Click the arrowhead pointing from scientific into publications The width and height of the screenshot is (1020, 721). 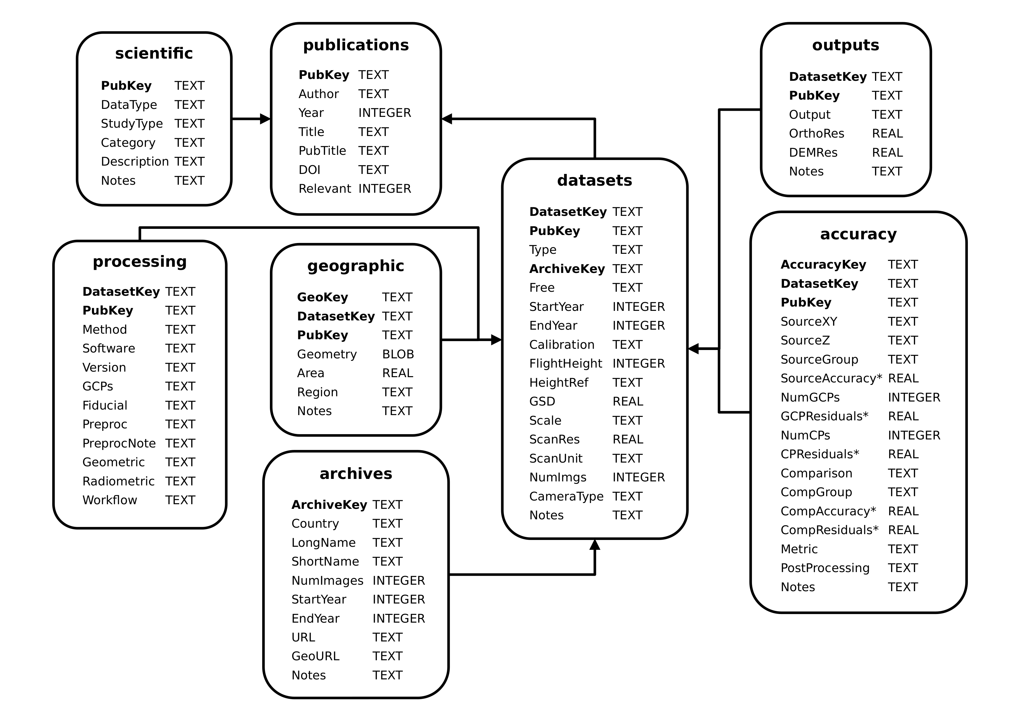pyautogui.click(x=265, y=119)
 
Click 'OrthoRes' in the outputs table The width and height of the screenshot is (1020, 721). pyautogui.click(x=816, y=133)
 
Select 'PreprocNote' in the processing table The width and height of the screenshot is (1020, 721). pyautogui.click(x=119, y=443)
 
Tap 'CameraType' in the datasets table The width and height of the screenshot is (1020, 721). pyautogui.click(x=566, y=496)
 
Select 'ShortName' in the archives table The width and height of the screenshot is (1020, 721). pyautogui.click(x=325, y=562)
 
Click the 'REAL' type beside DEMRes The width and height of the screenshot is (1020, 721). pyautogui.click(x=887, y=152)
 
